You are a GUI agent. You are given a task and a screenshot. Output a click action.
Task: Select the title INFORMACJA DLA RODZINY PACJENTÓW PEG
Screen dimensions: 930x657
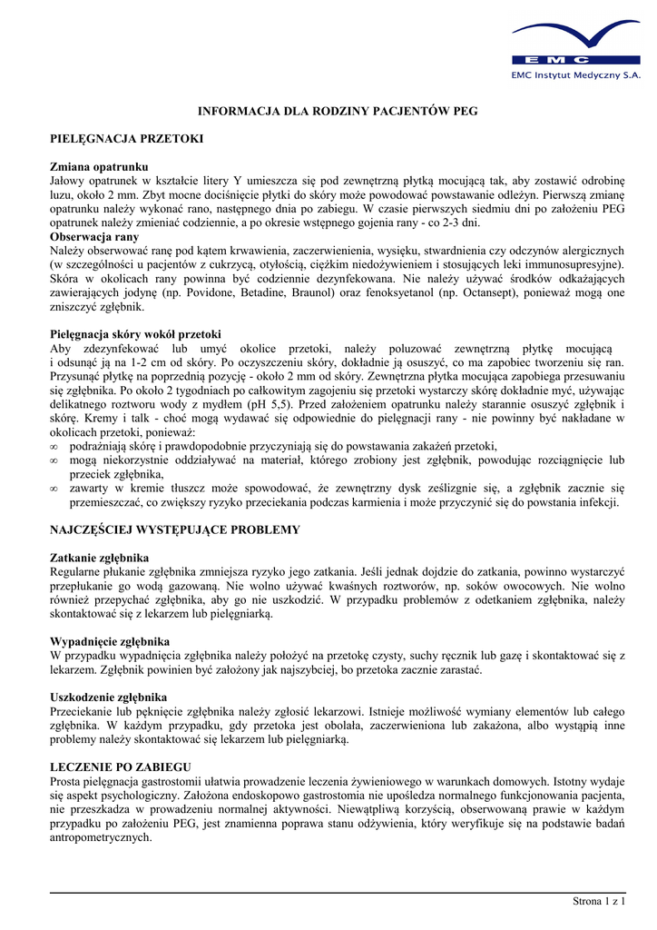click(x=338, y=111)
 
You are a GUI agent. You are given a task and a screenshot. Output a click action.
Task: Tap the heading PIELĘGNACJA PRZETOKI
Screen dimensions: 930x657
click(x=125, y=139)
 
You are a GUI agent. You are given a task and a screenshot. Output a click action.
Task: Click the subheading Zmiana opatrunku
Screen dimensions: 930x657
click(x=98, y=167)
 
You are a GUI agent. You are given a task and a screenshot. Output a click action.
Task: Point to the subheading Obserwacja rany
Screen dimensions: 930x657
click(x=94, y=237)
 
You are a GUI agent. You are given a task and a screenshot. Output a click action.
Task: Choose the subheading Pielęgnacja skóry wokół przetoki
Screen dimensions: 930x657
click(x=134, y=334)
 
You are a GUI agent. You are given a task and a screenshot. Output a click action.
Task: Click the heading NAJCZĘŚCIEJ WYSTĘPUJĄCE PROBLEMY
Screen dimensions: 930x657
click(x=174, y=529)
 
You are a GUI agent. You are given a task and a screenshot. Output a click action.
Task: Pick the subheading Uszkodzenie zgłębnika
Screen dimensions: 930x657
click(x=108, y=697)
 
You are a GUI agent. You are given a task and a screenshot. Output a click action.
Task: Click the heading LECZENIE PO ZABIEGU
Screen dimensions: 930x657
click(x=120, y=767)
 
